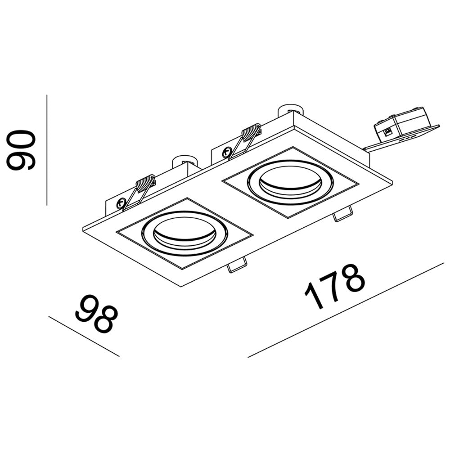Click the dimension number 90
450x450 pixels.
21,150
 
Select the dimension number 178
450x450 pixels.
334,286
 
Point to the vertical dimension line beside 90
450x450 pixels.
47,150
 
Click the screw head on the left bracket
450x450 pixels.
121,203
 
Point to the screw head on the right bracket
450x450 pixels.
225,152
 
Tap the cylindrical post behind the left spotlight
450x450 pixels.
184,161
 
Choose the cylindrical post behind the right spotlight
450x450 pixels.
290,110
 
